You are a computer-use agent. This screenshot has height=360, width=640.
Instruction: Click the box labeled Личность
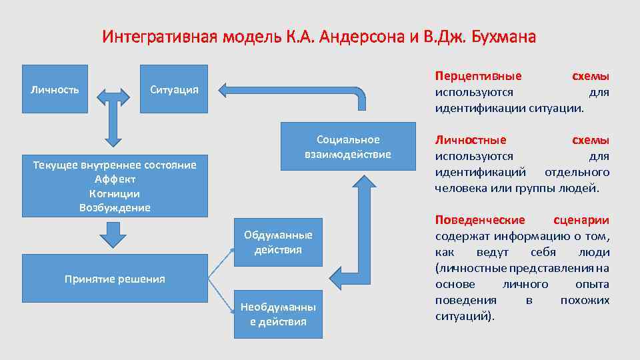tap(55, 89)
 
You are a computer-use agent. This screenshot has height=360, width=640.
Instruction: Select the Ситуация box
tap(174, 89)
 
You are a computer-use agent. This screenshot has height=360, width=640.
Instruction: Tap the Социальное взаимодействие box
tap(348, 147)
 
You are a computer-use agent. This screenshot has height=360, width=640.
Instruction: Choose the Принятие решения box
tap(115, 279)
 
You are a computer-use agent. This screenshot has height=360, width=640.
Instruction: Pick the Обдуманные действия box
tap(278, 243)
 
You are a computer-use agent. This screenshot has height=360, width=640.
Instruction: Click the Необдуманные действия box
tap(278, 315)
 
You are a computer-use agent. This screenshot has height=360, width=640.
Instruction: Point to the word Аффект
tap(115, 179)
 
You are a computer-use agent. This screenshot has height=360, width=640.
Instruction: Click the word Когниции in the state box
tap(115, 193)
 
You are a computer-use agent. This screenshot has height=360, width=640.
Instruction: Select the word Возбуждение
tap(115, 207)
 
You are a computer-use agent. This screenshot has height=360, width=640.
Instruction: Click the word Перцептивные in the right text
tap(478, 76)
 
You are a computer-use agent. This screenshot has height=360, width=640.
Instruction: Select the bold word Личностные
tap(470, 140)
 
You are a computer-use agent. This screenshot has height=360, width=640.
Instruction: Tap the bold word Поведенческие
tap(480, 220)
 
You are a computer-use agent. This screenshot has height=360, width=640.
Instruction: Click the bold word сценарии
tap(581, 220)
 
